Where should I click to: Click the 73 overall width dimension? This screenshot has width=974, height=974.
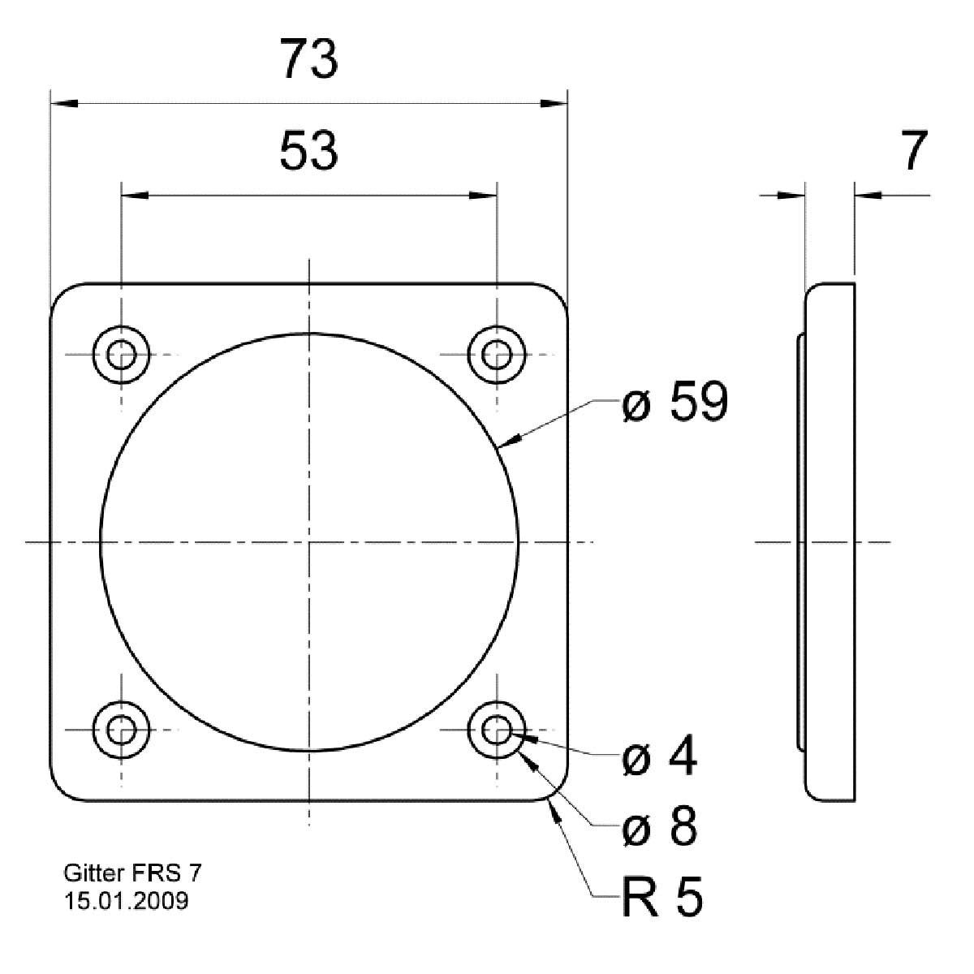tap(308, 61)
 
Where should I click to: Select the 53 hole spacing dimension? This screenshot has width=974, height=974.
tap(308, 152)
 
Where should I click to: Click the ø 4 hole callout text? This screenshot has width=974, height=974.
tap(658, 759)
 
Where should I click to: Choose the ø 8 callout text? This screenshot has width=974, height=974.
tap(658, 828)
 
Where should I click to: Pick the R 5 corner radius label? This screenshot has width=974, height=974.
tap(662, 898)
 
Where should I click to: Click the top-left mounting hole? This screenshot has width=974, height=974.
tap(122, 355)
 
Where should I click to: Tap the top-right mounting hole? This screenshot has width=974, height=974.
tap(496, 355)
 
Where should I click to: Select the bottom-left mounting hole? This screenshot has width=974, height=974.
tap(122, 729)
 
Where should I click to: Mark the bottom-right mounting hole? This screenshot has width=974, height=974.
tap(496, 729)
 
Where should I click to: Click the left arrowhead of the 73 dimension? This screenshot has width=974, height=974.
tap(63, 104)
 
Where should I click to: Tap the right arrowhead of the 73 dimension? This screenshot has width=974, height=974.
tap(554, 104)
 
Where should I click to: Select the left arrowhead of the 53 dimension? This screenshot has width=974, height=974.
tap(135, 195)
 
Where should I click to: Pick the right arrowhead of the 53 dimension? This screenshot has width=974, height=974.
tap(483, 195)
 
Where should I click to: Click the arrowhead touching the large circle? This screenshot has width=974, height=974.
tap(508, 442)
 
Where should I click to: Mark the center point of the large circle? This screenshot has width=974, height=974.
tap(309, 542)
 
